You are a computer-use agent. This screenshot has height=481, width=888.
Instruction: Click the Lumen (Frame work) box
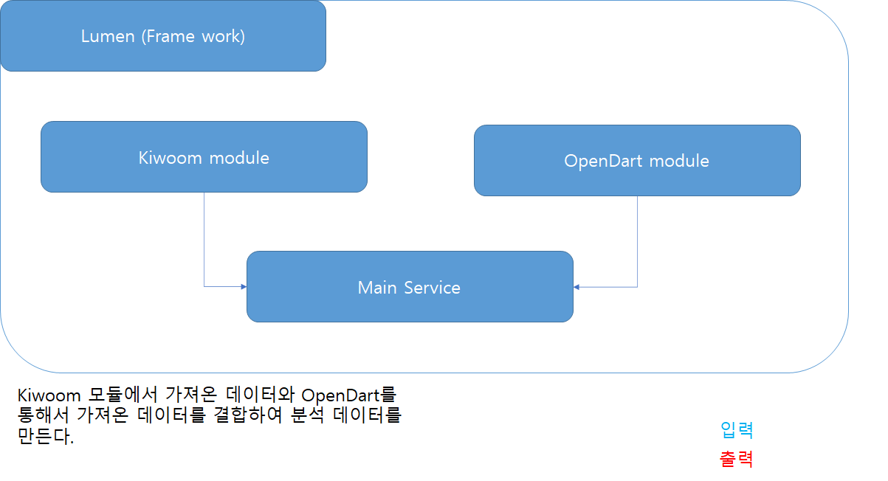(162, 35)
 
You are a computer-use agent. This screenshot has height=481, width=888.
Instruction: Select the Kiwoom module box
(204, 157)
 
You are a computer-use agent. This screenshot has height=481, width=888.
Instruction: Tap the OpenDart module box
(636, 161)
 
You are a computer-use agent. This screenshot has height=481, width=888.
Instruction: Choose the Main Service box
(409, 287)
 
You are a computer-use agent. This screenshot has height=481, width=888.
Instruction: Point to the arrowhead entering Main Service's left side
(243, 286)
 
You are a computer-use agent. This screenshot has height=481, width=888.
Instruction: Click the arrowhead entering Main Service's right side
(577, 287)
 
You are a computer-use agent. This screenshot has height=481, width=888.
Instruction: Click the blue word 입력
(736, 430)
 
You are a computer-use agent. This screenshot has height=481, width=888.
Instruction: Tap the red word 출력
(736, 459)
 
